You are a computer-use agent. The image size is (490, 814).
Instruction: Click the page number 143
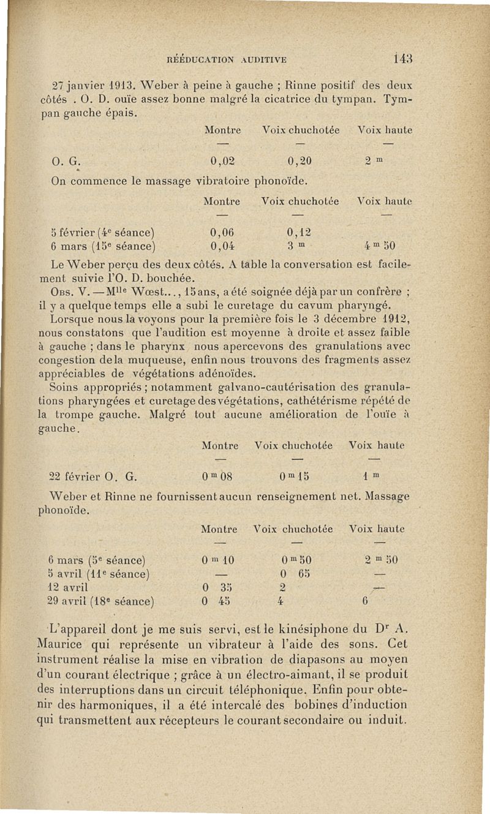tap(402, 59)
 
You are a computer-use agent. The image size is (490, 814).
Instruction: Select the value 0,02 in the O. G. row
tap(222, 162)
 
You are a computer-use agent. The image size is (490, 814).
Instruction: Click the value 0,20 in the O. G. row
tap(299, 162)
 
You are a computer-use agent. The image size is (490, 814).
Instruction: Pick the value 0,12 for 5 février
tap(299, 233)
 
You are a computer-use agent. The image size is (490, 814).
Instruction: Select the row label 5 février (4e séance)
tap(100, 233)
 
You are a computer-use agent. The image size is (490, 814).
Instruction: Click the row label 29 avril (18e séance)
tap(100, 603)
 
